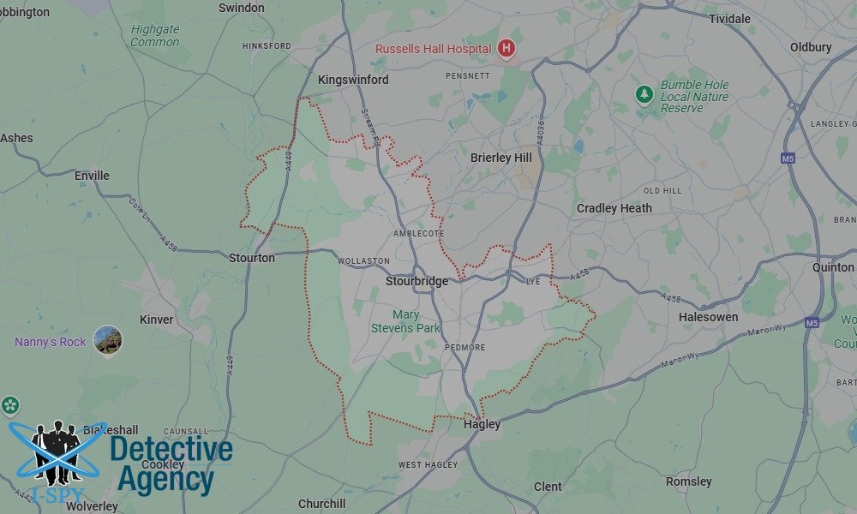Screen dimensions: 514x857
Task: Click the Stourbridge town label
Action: click(x=417, y=282)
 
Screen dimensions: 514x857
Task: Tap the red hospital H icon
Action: click(x=506, y=49)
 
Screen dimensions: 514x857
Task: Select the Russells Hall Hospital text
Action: click(x=433, y=49)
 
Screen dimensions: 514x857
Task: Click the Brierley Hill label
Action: click(x=501, y=158)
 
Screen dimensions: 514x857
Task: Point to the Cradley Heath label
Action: click(x=614, y=208)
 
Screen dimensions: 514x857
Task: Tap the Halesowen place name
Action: click(x=708, y=317)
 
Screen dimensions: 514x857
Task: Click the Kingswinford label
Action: click(x=353, y=80)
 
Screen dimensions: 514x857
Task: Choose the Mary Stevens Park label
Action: click(x=405, y=321)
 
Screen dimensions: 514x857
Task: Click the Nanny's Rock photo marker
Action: click(x=108, y=340)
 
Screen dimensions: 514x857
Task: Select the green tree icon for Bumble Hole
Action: click(x=644, y=94)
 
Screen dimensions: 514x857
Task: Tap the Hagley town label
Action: click(x=482, y=424)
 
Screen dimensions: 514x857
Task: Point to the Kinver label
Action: click(x=156, y=320)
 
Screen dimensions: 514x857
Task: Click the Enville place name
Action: click(x=92, y=176)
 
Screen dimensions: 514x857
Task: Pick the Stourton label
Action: click(x=252, y=258)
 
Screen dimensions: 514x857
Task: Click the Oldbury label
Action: click(x=810, y=47)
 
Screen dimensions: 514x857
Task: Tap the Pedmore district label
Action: click(x=465, y=348)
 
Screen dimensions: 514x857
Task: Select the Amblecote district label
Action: click(x=418, y=233)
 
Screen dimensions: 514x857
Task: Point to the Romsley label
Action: click(x=688, y=481)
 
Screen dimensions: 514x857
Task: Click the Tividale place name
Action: click(x=728, y=18)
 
